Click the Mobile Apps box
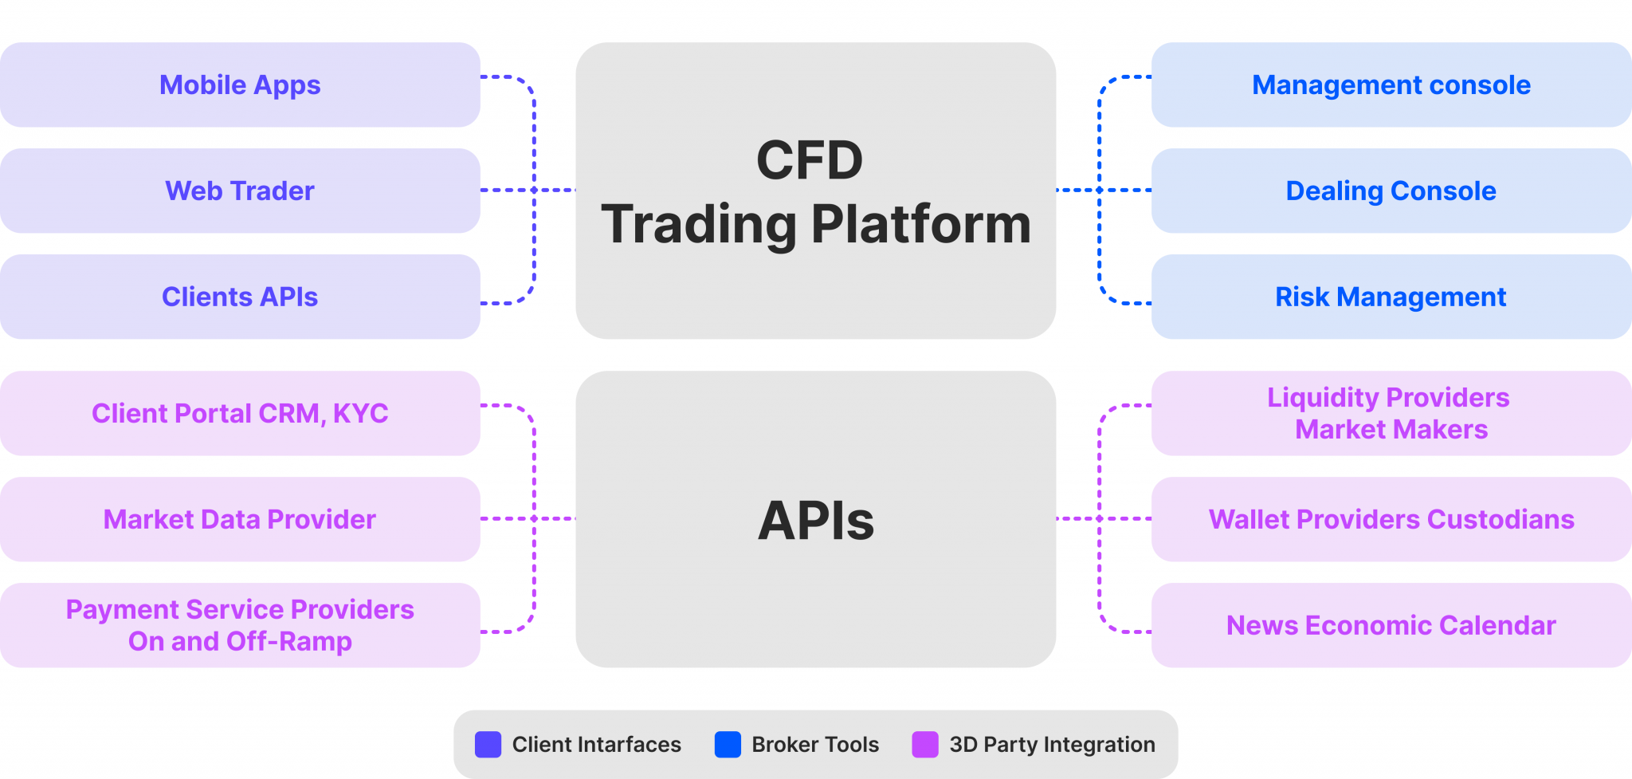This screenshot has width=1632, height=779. click(239, 85)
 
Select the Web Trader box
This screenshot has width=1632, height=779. click(239, 191)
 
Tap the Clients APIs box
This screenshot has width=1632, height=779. click(239, 297)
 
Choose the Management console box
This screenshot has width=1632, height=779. click(1391, 85)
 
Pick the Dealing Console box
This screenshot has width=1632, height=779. click(1391, 191)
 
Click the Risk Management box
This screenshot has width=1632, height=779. click(1391, 297)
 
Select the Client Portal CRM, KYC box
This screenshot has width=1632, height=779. click(239, 413)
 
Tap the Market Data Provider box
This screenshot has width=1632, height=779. click(239, 519)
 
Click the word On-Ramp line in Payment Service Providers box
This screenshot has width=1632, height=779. click(240, 641)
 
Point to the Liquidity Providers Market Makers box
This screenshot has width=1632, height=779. click(1391, 413)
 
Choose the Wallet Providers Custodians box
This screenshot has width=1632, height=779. click(1391, 519)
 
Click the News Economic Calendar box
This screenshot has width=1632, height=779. click(1391, 625)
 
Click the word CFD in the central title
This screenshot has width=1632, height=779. click(809, 160)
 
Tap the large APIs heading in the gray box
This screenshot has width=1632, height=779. click(815, 521)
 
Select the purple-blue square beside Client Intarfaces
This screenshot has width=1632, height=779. click(488, 744)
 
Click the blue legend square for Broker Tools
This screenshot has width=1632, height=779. click(728, 744)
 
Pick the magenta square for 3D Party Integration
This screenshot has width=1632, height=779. click(925, 744)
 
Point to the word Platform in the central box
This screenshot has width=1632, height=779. click(920, 224)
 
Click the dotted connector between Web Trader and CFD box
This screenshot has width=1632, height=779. click(528, 191)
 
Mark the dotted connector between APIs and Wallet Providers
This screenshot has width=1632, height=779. click(1104, 519)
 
